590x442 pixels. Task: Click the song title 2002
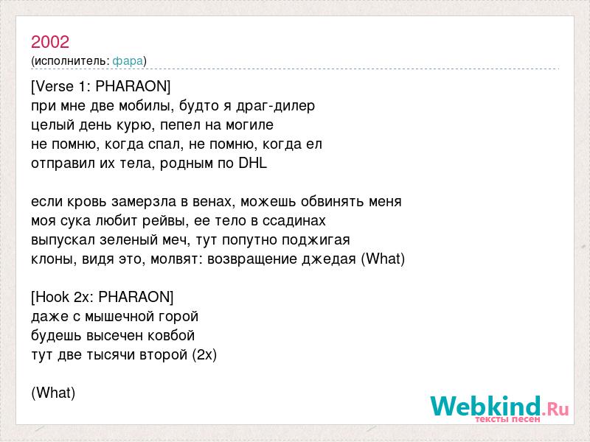pyautogui.click(x=50, y=42)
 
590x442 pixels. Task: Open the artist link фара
pyautogui.click(x=128, y=61)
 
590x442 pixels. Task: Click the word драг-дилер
pyautogui.click(x=275, y=106)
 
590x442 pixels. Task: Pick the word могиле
pyautogui.click(x=249, y=125)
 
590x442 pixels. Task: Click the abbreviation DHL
pyautogui.click(x=252, y=163)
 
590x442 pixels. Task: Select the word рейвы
pyautogui.click(x=165, y=221)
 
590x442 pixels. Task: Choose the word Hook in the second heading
pyautogui.click(x=52, y=298)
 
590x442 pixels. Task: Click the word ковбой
pyautogui.click(x=171, y=336)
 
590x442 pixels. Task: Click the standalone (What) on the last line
pyautogui.click(x=53, y=393)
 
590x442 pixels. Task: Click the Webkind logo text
pyautogui.click(x=500, y=406)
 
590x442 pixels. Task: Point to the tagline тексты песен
pyautogui.click(x=508, y=419)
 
